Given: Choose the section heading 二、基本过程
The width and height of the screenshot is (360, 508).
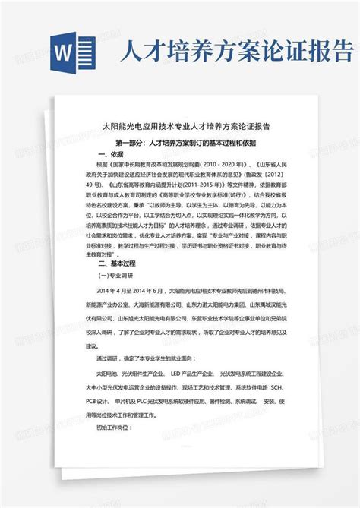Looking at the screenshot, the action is point(113,263).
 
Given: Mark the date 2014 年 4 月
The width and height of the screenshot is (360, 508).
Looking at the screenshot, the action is point(110,290).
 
